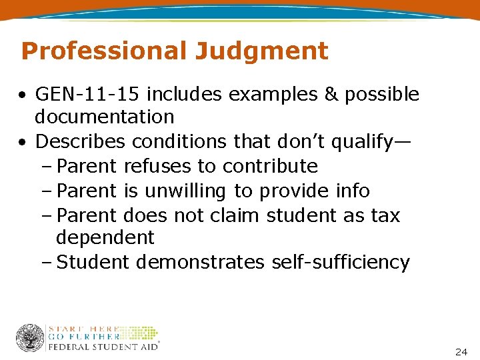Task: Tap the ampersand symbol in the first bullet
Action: click(331, 95)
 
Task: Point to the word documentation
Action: click(105, 117)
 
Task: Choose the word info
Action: click(352, 191)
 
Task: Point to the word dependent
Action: click(105, 237)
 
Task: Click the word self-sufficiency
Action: click(341, 262)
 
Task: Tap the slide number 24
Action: click(461, 351)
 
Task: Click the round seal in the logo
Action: click(30, 338)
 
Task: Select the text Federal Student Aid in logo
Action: click(103, 347)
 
